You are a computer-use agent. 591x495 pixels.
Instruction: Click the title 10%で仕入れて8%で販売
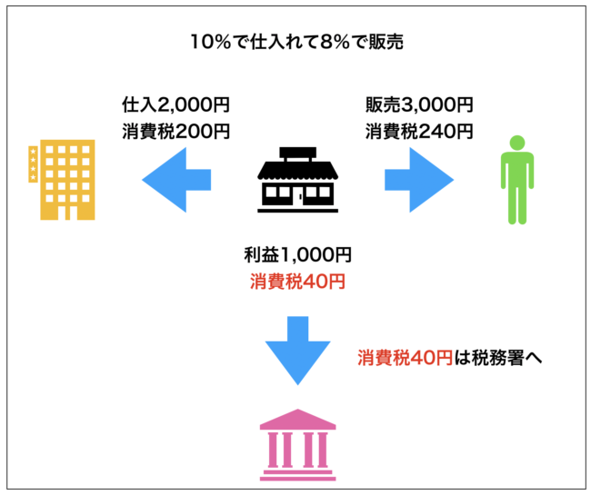pos(295,42)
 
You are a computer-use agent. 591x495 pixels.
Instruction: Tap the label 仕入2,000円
pos(176,104)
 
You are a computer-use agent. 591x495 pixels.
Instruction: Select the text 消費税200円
pos(176,131)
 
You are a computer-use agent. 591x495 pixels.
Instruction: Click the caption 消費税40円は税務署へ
pos(449,357)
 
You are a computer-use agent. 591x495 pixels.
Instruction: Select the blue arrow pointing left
pos(177,179)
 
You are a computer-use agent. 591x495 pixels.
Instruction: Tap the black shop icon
pos(296,179)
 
